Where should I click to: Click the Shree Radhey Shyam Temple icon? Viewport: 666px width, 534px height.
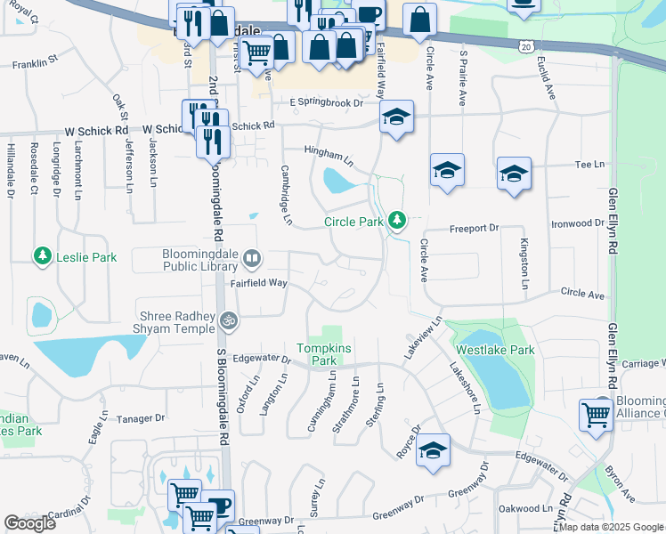click(x=229, y=319)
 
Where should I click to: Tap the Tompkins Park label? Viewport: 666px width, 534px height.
click(x=317, y=354)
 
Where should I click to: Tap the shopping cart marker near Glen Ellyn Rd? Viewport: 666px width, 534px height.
click(x=596, y=413)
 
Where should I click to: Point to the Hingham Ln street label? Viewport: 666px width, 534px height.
click(x=329, y=158)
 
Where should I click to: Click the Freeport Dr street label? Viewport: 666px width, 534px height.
click(x=474, y=228)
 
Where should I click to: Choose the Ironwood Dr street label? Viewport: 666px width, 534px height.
click(x=577, y=223)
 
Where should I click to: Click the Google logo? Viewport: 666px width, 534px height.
click(x=29, y=523)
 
